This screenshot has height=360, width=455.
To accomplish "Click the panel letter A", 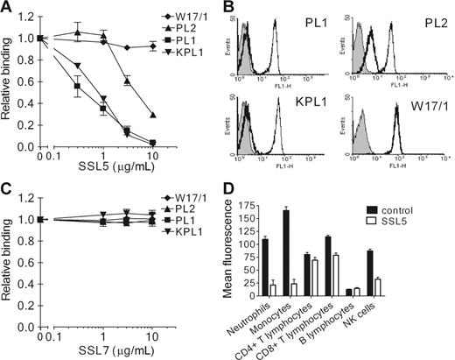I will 7,8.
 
